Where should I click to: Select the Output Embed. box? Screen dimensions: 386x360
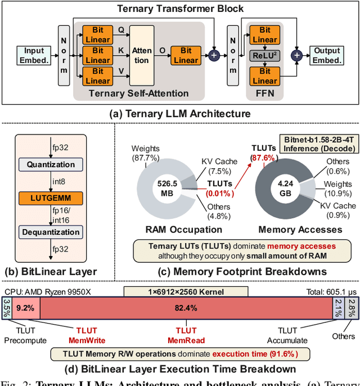point(327,55)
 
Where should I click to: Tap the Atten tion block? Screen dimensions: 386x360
point(142,55)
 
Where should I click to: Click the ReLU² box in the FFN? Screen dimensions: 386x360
point(264,55)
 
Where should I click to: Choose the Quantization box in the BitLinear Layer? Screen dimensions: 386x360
point(50,165)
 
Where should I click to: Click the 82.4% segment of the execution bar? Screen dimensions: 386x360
point(186,308)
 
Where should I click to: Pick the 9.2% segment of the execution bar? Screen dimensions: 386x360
point(25,308)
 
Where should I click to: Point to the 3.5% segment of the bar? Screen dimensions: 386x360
point(7,308)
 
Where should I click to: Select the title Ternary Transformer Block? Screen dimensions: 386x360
point(180,8)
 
